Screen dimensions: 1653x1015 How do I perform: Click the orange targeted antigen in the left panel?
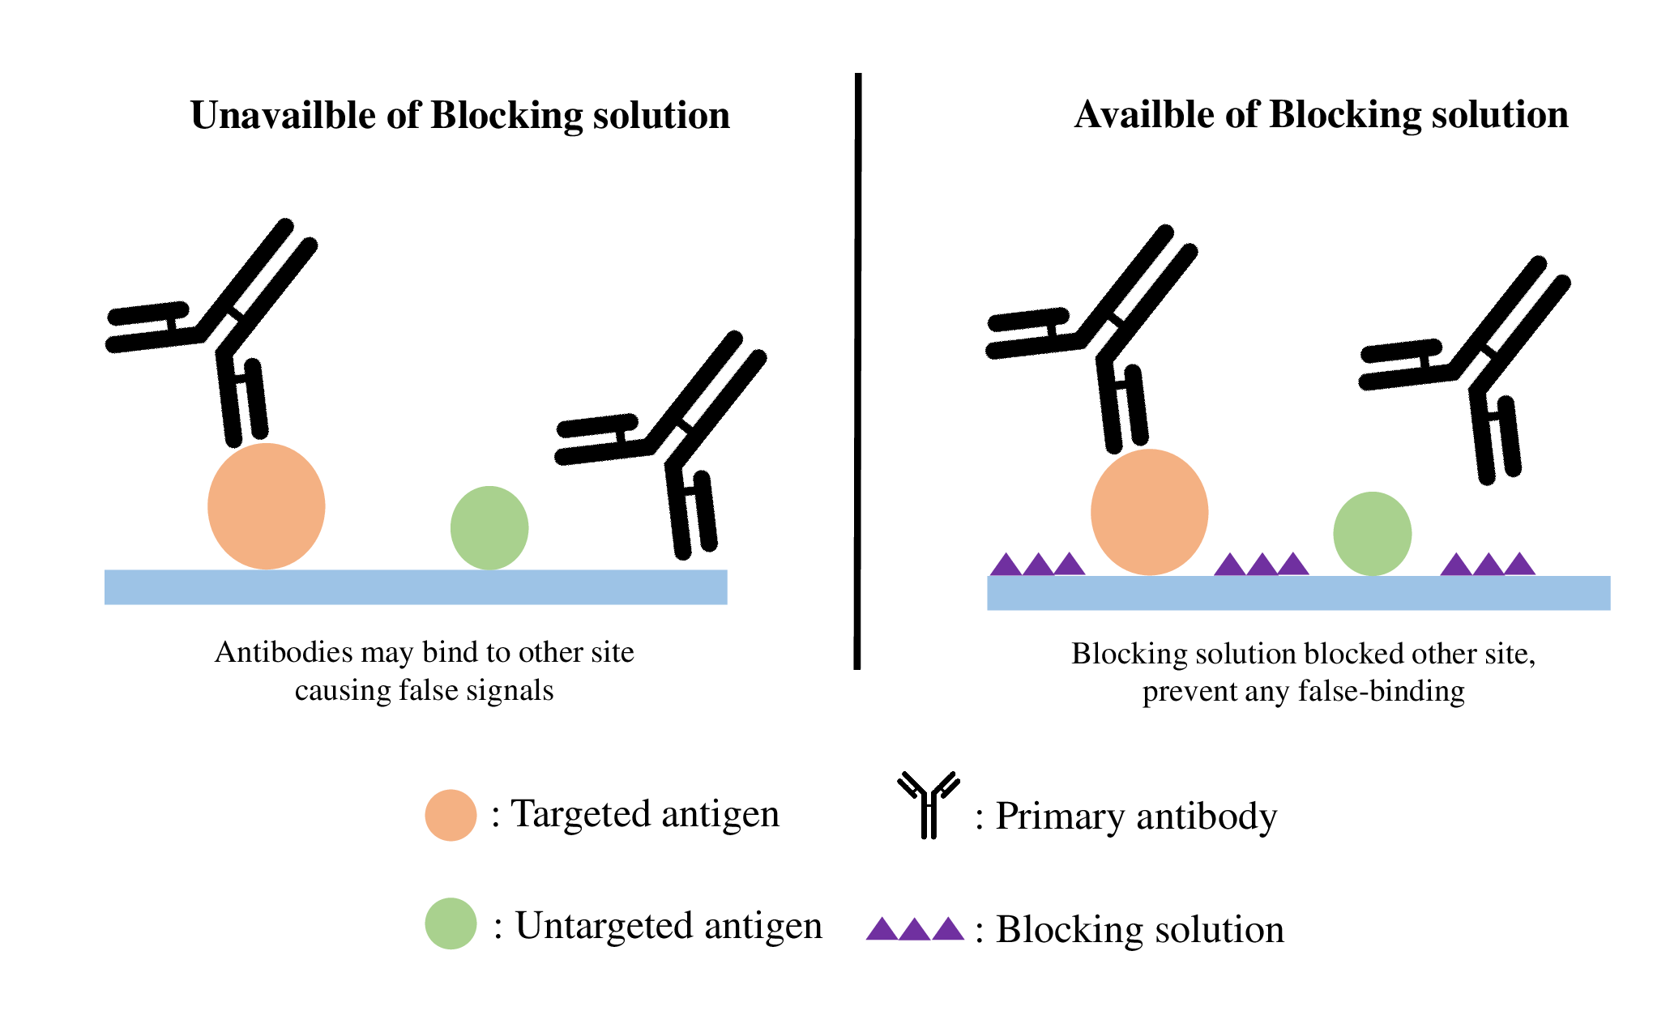(267, 506)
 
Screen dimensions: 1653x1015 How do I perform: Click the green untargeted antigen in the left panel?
(489, 528)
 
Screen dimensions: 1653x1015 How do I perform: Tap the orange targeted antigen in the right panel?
(1150, 512)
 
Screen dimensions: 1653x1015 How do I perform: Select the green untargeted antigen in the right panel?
(1373, 534)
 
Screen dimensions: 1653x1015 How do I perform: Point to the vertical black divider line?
(857, 371)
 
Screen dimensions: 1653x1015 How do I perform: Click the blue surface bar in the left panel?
(416, 587)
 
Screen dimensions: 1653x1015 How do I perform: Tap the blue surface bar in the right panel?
(1299, 593)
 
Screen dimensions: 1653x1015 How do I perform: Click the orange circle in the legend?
(451, 815)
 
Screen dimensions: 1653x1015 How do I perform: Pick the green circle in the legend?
(451, 923)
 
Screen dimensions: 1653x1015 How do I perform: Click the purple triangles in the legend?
(915, 928)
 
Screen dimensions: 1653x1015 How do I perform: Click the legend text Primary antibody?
(1136, 817)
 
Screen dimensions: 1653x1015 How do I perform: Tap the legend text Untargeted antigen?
(668, 925)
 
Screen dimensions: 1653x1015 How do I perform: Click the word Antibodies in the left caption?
(284, 652)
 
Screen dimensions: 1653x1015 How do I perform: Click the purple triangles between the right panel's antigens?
(1262, 564)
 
